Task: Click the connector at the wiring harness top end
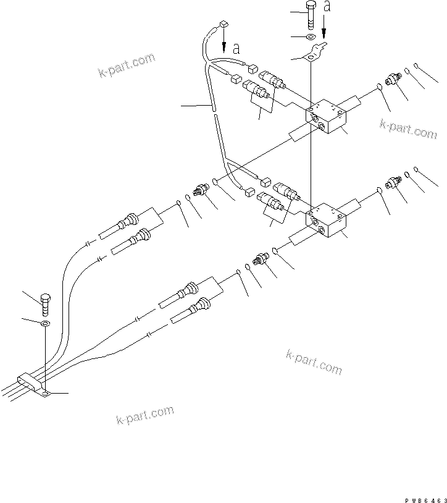coord(223,25)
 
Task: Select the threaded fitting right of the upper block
coord(393,79)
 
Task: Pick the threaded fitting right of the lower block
coord(393,182)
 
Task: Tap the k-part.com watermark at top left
coord(126,66)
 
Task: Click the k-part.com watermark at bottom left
coord(144,416)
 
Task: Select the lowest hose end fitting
coord(201,305)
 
